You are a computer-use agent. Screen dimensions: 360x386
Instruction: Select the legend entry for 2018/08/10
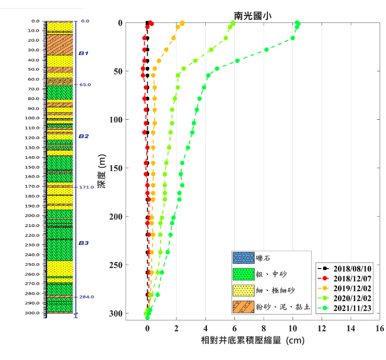(352, 268)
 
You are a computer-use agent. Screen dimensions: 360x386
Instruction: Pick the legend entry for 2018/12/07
(352, 278)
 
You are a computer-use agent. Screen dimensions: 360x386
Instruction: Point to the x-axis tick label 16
(379, 328)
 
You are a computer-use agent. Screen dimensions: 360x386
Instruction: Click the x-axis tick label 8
(264, 328)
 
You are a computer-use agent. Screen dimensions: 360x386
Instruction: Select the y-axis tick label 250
(115, 265)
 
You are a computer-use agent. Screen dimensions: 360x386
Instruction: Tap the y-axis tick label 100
(115, 120)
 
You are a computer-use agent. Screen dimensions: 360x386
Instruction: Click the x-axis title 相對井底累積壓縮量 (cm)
(252, 340)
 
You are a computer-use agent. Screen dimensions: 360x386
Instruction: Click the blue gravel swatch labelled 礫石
(243, 258)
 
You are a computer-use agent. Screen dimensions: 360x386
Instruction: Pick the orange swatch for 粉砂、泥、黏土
(243, 307)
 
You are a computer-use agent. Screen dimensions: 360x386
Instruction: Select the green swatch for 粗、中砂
(243, 274)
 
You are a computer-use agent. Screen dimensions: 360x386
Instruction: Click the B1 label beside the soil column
(83, 53)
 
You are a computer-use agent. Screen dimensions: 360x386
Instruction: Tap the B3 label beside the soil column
(83, 243)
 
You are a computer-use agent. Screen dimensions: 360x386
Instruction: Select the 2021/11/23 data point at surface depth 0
(297, 23)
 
